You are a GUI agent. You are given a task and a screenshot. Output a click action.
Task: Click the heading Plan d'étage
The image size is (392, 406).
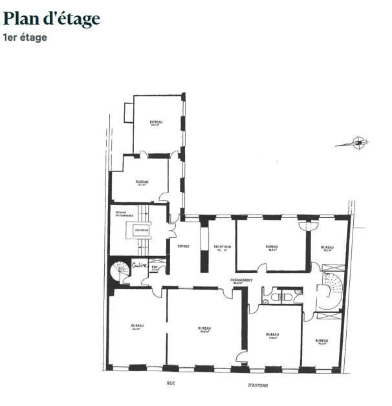(52, 19)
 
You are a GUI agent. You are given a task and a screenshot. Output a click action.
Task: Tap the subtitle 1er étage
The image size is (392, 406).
(25, 37)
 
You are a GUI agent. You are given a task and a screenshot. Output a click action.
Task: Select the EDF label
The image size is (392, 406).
(155, 266)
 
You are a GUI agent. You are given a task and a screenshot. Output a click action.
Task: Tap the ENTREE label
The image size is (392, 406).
(182, 247)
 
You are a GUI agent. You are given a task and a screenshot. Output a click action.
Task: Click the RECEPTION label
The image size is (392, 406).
(223, 248)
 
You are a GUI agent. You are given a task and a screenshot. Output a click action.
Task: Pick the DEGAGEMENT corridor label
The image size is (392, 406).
(241, 281)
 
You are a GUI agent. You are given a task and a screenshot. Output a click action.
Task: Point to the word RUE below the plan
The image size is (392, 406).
(171, 383)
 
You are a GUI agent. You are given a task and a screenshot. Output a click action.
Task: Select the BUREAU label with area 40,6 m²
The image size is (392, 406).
(204, 330)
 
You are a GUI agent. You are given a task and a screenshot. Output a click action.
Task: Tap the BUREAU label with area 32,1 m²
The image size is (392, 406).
(136, 326)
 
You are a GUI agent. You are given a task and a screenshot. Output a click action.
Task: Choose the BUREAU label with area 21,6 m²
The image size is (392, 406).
(272, 335)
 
